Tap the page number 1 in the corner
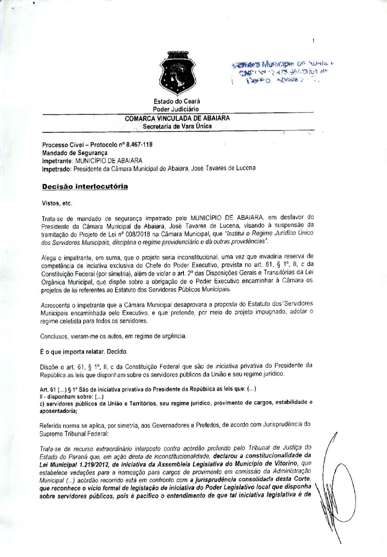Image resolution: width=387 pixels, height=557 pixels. (x=314, y=41)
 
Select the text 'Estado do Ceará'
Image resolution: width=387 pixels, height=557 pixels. (x=177, y=101)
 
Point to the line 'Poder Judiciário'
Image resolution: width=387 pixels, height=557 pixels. (x=176, y=109)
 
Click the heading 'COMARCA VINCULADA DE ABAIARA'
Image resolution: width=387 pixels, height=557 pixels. (x=177, y=118)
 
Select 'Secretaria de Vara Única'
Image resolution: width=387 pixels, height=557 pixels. (x=177, y=126)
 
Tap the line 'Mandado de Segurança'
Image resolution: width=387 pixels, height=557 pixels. (x=75, y=153)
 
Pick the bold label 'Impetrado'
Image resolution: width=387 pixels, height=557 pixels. (x=56, y=169)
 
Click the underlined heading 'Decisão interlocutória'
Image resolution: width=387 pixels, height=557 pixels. (x=85, y=187)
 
